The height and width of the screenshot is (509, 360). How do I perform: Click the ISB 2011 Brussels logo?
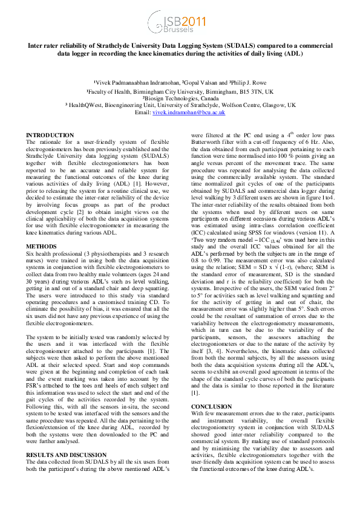(180, 25)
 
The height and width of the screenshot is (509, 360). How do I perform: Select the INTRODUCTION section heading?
(50, 135)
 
